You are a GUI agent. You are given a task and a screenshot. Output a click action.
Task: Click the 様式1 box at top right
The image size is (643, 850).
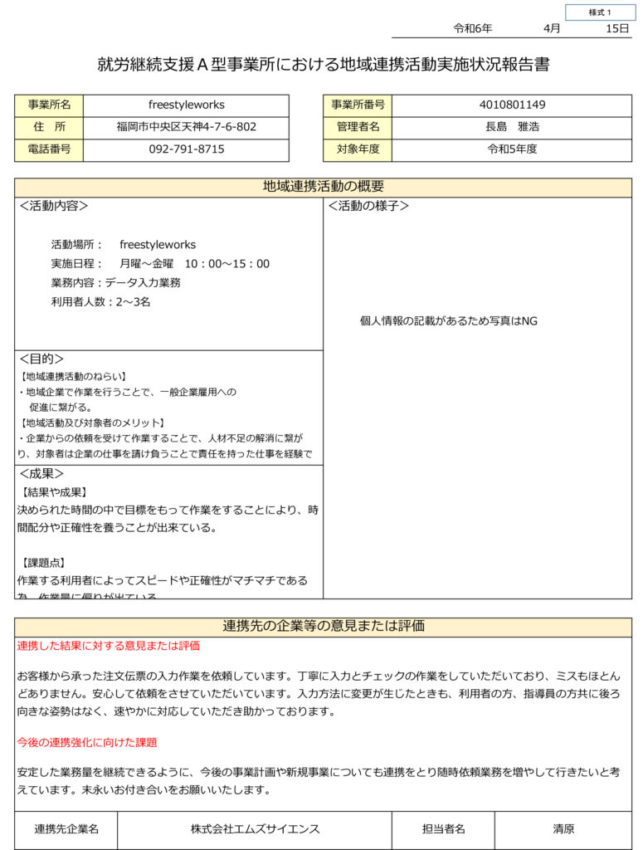[600, 12]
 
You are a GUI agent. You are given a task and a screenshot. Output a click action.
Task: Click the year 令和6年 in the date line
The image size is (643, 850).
[472, 28]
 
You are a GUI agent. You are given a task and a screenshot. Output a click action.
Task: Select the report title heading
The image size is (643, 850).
[323, 65]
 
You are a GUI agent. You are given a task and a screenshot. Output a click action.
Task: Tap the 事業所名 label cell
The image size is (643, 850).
[49, 105]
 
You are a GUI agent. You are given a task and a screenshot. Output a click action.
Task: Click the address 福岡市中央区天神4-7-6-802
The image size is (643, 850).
[187, 128]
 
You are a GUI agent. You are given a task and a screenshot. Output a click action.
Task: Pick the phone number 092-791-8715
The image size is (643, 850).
[187, 150]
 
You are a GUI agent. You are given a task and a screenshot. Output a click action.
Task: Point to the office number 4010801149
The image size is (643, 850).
[512, 105]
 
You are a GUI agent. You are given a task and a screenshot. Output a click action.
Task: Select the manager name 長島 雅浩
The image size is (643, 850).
[512, 128]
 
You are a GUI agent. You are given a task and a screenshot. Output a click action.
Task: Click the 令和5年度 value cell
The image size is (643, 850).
[512, 150]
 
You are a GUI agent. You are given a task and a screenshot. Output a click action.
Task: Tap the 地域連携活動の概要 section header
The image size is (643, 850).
[323, 187]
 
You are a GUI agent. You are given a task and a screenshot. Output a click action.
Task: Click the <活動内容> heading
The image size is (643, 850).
[54, 206]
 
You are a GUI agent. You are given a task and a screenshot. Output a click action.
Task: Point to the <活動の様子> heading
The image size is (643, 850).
[368, 206]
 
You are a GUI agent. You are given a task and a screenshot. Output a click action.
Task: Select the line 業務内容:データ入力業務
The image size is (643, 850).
[116, 283]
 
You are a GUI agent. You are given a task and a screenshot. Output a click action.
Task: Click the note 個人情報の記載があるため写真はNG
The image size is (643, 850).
[448, 321]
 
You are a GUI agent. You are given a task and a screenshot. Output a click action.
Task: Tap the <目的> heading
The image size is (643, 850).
[41, 359]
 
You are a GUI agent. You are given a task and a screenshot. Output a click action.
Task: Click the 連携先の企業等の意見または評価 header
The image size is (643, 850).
[323, 627]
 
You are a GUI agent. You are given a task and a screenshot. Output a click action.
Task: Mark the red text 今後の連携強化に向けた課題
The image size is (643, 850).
[87, 742]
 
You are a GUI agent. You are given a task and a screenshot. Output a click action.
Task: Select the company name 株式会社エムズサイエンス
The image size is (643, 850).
[255, 829]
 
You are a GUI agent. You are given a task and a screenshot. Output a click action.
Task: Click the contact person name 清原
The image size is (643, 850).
[563, 829]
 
